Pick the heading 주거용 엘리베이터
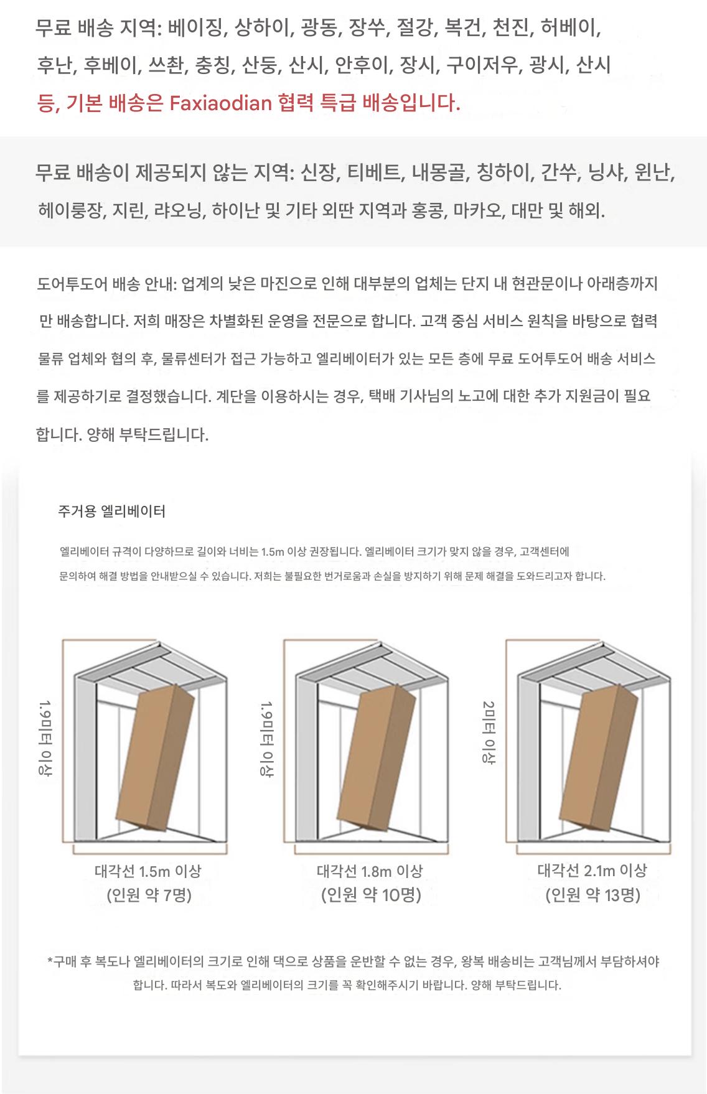tap(112, 512)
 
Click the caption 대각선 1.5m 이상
tap(148, 871)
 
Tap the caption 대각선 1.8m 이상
tap(370, 871)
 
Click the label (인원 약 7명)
tap(149, 895)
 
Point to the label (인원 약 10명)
tap(371, 895)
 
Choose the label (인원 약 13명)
tap(593, 895)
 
